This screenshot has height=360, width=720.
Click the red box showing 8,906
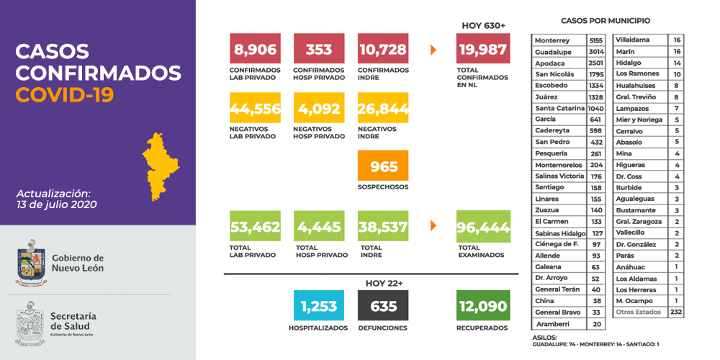[255, 50]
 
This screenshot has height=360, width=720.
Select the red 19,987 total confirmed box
[483, 50]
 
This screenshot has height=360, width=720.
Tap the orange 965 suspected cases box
[383, 166]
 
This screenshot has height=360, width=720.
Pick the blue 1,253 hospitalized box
[319, 306]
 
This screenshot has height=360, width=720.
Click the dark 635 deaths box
[383, 306]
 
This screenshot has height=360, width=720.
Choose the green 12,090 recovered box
[483, 306]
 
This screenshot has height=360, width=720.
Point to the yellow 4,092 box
[319, 109]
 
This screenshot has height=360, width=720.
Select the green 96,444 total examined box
[483, 227]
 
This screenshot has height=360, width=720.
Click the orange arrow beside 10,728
[433, 50]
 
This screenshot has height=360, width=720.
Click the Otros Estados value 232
[675, 312]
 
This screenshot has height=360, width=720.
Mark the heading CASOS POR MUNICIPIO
[605, 21]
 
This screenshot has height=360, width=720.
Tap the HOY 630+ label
[483, 25]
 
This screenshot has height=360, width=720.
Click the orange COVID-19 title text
[65, 95]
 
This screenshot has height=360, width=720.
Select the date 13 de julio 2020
[56, 204]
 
